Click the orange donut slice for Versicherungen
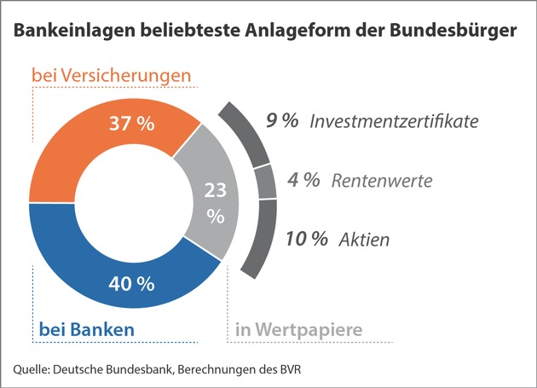coord(85,145)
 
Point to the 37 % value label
coord(132,124)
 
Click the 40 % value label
coord(132,282)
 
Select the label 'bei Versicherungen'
coord(111,76)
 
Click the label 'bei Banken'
coord(86,328)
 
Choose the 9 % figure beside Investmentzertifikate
coord(282,121)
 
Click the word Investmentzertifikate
coord(395,121)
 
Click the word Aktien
coord(369,240)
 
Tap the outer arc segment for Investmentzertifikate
coord(249,136)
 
